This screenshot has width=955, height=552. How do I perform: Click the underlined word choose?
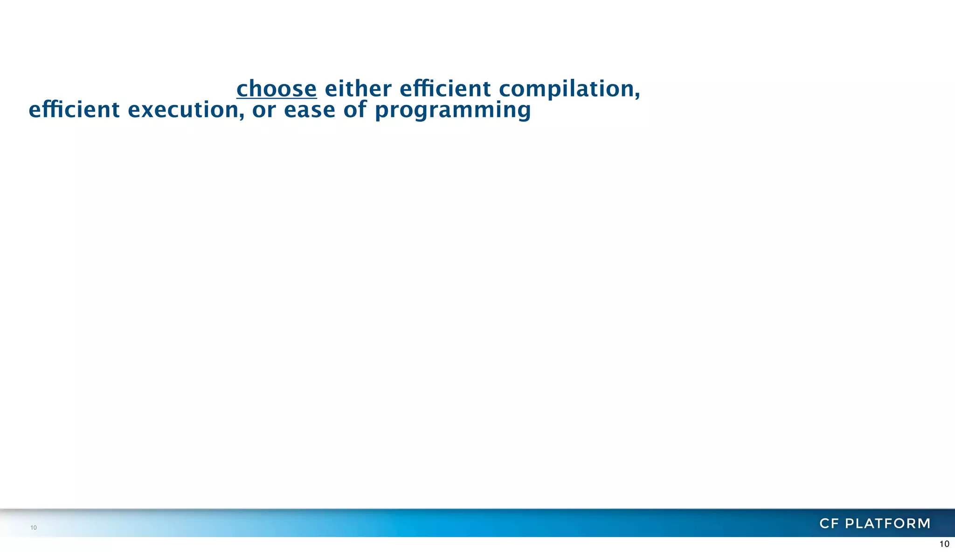tap(277, 89)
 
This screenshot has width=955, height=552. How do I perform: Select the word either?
tap(358, 89)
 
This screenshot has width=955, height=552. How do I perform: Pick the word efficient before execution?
tap(74, 110)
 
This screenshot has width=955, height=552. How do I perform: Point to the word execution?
tap(183, 110)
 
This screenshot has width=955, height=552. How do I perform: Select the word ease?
tap(310, 110)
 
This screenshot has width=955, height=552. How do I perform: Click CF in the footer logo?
tap(829, 524)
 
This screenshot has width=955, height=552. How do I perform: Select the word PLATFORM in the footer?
tap(888, 524)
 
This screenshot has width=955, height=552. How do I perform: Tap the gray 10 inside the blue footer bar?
tap(34, 528)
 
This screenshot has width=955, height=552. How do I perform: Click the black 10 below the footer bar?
tap(944, 544)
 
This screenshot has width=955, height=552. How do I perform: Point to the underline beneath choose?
tap(277, 98)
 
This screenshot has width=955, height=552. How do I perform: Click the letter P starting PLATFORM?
tap(850, 524)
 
